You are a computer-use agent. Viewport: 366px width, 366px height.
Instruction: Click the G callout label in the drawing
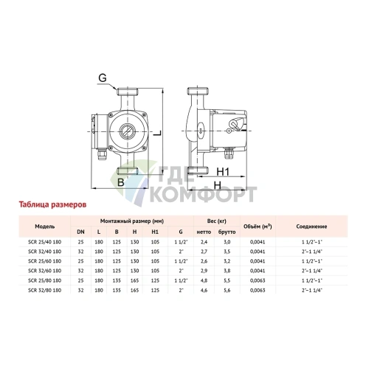point(103,77)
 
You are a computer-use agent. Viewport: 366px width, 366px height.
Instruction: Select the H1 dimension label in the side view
point(226,171)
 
